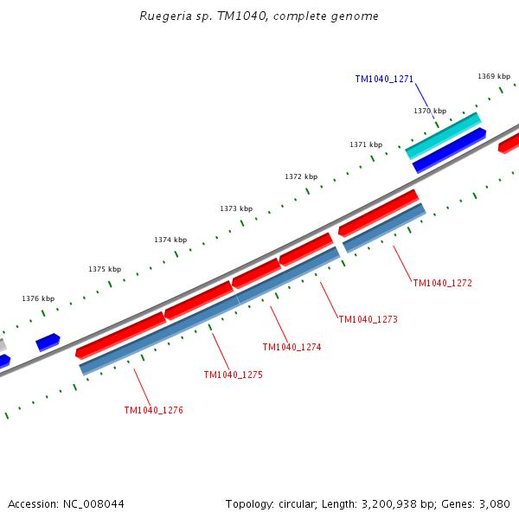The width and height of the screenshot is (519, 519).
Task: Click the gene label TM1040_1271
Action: [384, 79]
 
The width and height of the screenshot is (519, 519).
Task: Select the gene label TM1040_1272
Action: [442, 283]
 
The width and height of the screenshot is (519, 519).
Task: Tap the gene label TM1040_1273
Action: [368, 319]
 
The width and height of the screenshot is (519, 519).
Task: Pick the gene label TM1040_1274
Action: [292, 347]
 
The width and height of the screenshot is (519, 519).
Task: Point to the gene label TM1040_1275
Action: [233, 375]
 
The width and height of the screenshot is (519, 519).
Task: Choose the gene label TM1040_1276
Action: [153, 410]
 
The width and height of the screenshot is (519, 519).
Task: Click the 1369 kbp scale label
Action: [494, 76]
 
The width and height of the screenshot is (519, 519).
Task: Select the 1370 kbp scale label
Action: [430, 111]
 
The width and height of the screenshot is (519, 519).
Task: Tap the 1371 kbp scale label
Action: [366, 144]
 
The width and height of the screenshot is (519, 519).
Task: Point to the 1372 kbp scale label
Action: [301, 176]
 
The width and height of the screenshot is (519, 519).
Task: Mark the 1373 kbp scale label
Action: [236, 208]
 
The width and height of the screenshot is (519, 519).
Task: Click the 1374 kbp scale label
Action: [170, 240]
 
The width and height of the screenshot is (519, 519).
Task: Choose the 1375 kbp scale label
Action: [105, 269]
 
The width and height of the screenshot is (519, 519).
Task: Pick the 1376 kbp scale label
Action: [38, 298]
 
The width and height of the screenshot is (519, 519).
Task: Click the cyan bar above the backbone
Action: [443, 135]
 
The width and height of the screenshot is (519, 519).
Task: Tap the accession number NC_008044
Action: [92, 503]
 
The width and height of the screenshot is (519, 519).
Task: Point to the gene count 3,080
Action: [494, 503]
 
